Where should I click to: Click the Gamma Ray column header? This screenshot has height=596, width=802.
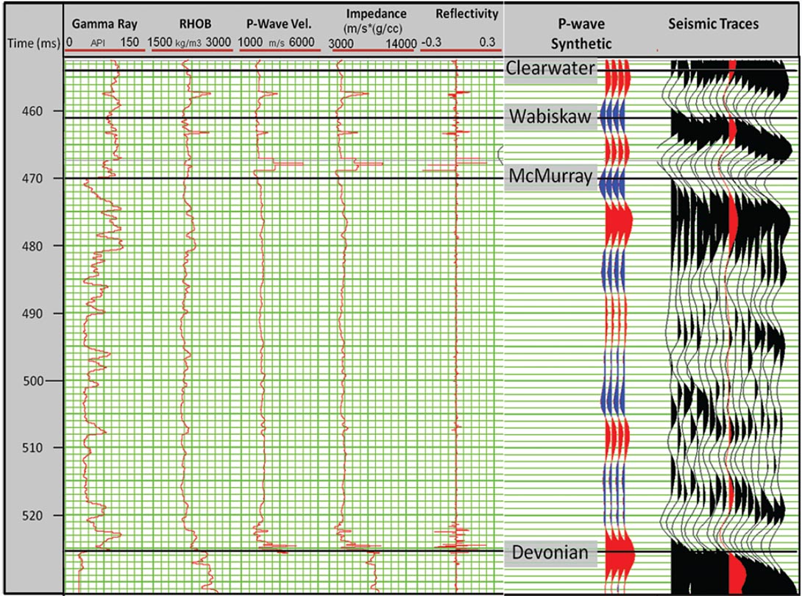(x=104, y=24)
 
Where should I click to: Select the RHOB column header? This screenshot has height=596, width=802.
(x=190, y=24)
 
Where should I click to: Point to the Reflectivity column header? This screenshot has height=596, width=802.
(x=466, y=14)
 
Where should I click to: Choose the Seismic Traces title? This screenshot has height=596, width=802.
(x=713, y=24)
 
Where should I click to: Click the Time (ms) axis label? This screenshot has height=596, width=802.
(x=32, y=43)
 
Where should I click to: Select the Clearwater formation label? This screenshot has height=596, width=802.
(x=550, y=68)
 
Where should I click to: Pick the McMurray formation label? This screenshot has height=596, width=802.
(x=550, y=177)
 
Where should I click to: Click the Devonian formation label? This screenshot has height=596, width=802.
(x=550, y=553)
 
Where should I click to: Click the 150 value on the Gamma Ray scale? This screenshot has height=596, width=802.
(x=129, y=43)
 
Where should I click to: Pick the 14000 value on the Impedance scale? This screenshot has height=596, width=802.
(x=400, y=43)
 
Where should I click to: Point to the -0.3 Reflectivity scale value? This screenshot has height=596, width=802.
(x=430, y=43)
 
